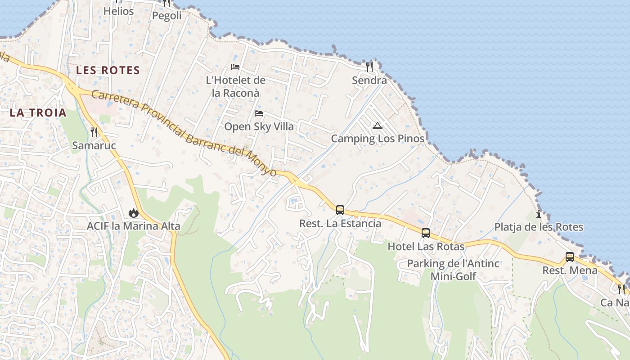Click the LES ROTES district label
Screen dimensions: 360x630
tap(108, 70)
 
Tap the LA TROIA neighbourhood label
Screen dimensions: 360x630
tap(38, 113)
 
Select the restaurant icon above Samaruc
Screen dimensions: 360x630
tap(94, 132)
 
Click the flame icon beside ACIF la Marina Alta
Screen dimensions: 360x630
tap(133, 212)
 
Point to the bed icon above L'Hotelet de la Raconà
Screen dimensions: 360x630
tap(235, 67)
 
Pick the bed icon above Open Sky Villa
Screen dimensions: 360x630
tap(259, 113)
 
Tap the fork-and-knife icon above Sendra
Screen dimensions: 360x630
tap(369, 67)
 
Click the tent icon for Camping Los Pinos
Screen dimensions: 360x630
tap(378, 126)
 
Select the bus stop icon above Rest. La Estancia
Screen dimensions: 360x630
tap(340, 210)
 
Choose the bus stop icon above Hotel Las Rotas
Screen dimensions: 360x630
tap(426, 233)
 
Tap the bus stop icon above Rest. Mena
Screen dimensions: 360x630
tap(570, 257)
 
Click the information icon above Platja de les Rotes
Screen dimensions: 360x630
tap(539, 214)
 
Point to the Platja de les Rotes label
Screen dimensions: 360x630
tap(539, 227)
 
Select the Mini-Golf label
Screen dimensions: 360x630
tap(453, 276)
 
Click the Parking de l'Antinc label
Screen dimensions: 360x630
tap(453, 264)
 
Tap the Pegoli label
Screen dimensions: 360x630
tap(166, 16)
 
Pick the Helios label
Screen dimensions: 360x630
tap(118, 11)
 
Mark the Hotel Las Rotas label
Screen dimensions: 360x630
tap(426, 247)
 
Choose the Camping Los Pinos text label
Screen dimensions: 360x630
tap(378, 139)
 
